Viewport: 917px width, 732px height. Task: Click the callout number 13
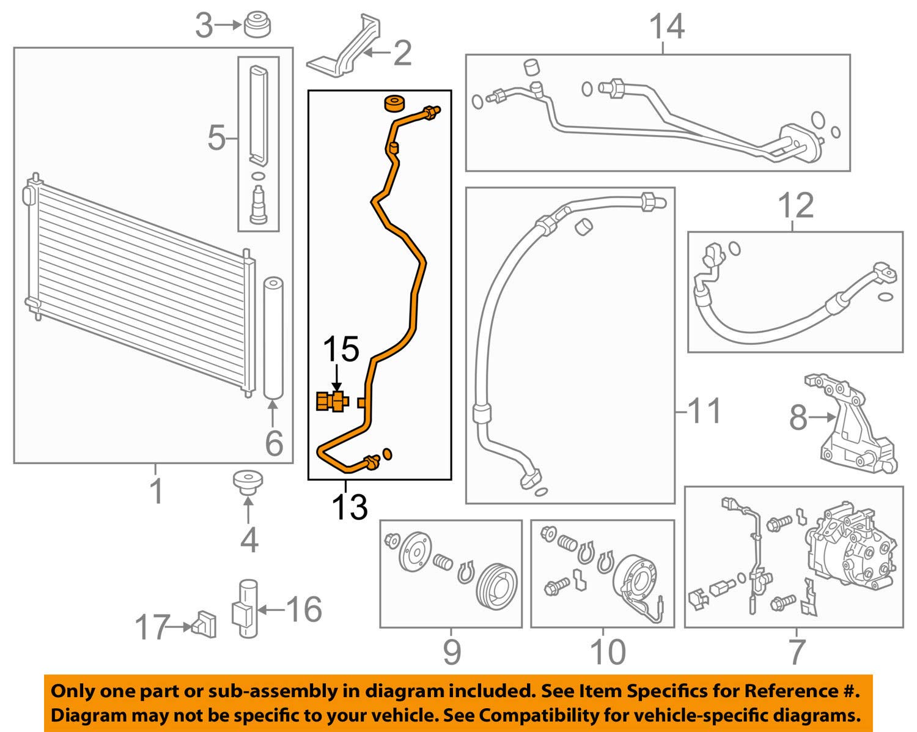click(x=350, y=506)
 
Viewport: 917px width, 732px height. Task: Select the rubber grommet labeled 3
click(x=257, y=26)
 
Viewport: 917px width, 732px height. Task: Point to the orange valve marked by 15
click(x=332, y=402)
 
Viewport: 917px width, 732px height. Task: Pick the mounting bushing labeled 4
click(x=248, y=482)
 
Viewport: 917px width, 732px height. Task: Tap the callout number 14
click(x=666, y=28)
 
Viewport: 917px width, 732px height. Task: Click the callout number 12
click(x=796, y=205)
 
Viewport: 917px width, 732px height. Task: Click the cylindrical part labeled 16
click(x=246, y=608)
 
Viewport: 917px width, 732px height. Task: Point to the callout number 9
click(x=451, y=652)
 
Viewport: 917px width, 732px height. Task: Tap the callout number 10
click(x=608, y=652)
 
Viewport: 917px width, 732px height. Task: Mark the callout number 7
click(x=796, y=652)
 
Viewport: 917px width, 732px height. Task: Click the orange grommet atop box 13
click(x=394, y=103)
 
